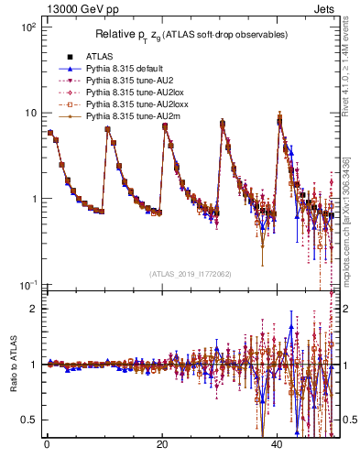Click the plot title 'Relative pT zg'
tap(192, 35)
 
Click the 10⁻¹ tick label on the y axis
tap(28, 286)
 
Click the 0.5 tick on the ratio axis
tap(31, 420)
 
